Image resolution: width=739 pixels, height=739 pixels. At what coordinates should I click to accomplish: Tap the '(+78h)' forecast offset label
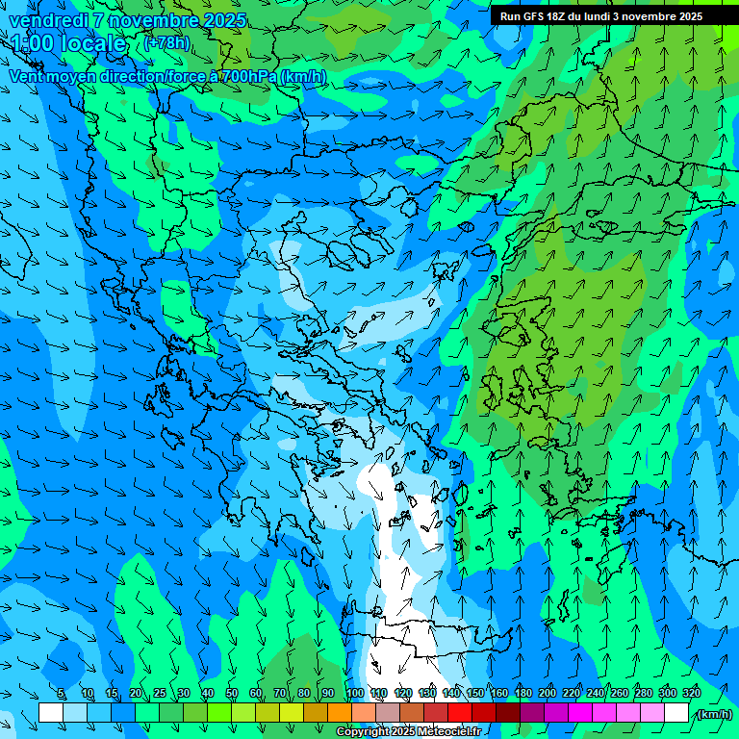[166, 43]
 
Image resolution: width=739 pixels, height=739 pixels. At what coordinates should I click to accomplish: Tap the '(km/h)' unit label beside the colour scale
[713, 714]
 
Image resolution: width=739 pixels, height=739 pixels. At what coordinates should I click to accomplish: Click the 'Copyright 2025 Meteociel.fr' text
[408, 732]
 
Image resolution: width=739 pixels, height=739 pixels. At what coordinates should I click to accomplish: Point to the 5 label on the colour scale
[62, 694]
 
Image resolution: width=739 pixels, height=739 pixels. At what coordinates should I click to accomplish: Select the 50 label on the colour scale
[232, 694]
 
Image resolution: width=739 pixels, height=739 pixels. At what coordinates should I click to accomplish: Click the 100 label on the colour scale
[354, 694]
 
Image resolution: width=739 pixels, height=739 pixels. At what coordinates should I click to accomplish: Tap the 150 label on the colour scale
[475, 694]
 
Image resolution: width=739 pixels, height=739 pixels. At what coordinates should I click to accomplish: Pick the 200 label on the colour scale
[548, 694]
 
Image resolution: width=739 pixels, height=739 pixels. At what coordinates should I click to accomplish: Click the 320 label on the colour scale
[691, 694]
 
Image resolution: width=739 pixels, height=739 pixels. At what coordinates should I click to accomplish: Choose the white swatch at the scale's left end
[51, 712]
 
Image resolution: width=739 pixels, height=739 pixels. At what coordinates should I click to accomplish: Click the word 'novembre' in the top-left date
[148, 20]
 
